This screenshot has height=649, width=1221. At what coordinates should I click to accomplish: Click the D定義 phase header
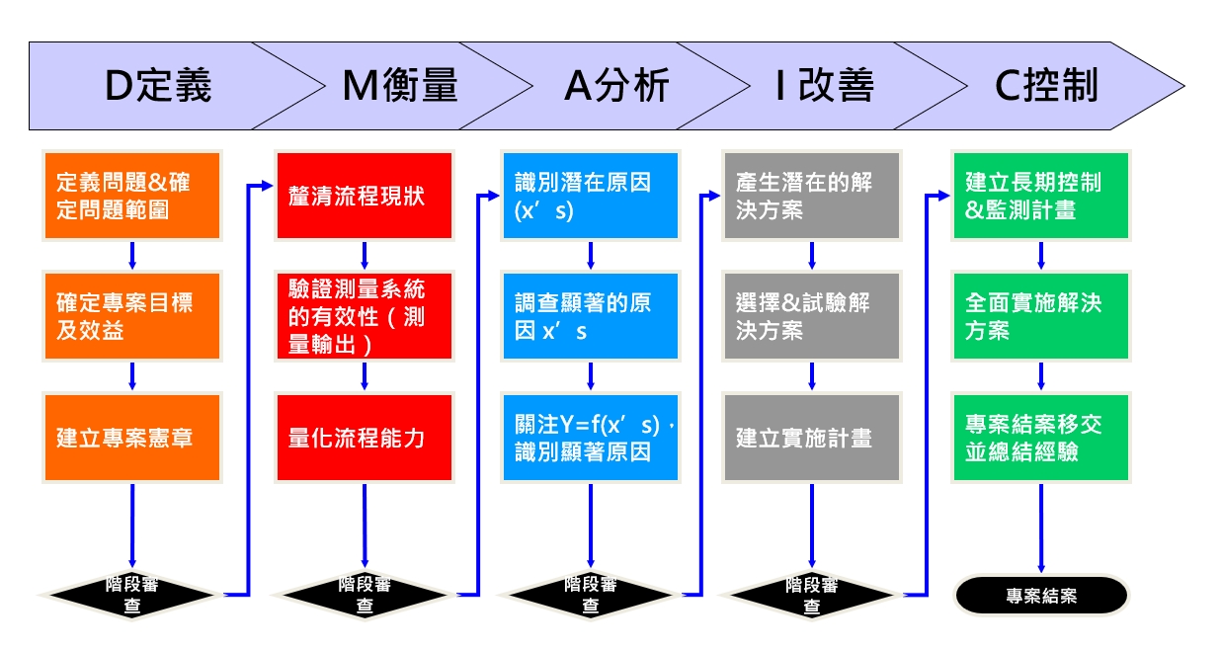tap(158, 87)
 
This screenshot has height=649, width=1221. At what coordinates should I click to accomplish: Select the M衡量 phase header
tap(399, 87)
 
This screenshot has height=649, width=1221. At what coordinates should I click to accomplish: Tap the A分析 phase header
tap(616, 87)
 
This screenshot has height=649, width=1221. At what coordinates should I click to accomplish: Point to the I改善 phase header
tap(825, 87)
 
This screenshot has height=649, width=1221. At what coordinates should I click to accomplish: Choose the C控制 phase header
tap(1046, 87)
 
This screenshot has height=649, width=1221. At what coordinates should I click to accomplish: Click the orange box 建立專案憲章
tap(132, 437)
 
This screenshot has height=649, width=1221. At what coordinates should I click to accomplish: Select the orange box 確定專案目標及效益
tap(132, 316)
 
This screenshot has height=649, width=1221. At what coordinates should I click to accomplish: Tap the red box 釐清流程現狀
tap(365, 195)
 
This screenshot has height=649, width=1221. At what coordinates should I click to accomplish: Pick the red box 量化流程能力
tap(365, 437)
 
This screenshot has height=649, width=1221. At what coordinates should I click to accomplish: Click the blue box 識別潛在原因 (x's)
tap(591, 195)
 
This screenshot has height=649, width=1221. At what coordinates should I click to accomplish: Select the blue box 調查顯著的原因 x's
tap(591, 316)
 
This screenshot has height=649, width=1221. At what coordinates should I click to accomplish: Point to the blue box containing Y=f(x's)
tap(591, 437)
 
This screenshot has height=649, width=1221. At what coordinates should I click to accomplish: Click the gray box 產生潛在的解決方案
tap(812, 195)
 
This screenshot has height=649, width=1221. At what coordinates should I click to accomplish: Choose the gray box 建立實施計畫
tap(812, 437)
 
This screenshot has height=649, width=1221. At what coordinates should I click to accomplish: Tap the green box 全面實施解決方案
tap(1040, 316)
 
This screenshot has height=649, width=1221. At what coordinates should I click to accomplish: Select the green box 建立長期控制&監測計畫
tap(1040, 195)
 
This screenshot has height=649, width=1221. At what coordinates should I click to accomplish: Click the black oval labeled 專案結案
tap(1041, 596)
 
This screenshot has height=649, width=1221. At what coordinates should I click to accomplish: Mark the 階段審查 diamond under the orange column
tap(131, 595)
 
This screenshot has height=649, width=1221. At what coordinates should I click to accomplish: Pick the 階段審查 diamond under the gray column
tap(812, 595)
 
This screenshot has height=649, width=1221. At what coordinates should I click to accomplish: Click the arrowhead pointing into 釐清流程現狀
tap(268, 185)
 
